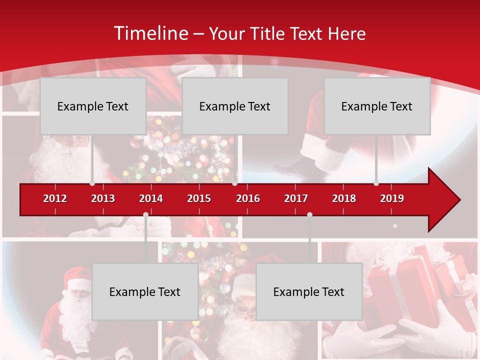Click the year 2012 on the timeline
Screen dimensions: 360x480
pyautogui.click(x=55, y=198)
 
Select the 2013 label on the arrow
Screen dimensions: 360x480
pyautogui.click(x=103, y=198)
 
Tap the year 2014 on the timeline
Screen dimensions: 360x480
pyautogui.click(x=151, y=198)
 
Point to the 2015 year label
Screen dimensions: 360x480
pyautogui.click(x=199, y=198)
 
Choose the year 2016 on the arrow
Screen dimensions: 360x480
pyautogui.click(x=248, y=198)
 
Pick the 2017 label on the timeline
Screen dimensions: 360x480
pyautogui.click(x=296, y=198)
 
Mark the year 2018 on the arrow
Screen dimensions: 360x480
pyautogui.click(x=344, y=198)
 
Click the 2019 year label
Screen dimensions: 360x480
pyautogui.click(x=392, y=198)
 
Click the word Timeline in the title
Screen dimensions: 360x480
pyautogui.click(x=150, y=33)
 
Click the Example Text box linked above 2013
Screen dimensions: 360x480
pyautogui.click(x=93, y=106)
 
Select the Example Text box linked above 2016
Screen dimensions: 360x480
pyautogui.click(x=235, y=106)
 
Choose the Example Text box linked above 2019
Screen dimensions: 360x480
pyautogui.click(x=377, y=106)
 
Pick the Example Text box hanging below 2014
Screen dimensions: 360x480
pyautogui.click(x=145, y=291)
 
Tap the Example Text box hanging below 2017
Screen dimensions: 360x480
pyautogui.click(x=309, y=291)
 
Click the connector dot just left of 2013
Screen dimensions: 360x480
pyautogui.click(x=92, y=183)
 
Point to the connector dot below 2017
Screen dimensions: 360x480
pyautogui.click(x=309, y=214)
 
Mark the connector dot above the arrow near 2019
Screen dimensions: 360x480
pyautogui.click(x=376, y=183)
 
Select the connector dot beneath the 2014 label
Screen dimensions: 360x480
pyautogui.click(x=145, y=214)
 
